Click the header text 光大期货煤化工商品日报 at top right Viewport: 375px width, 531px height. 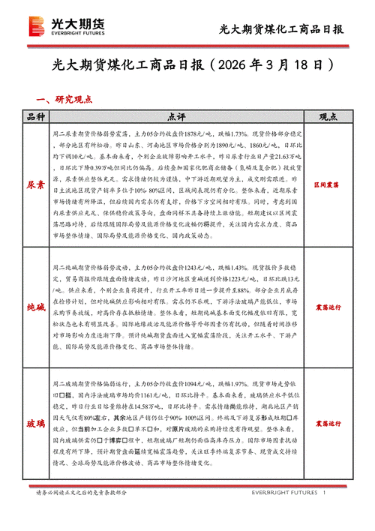tap(280, 29)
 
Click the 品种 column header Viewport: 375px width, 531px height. tap(36, 116)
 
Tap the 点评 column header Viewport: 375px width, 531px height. tap(177, 116)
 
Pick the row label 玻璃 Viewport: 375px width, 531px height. tap(36, 424)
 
